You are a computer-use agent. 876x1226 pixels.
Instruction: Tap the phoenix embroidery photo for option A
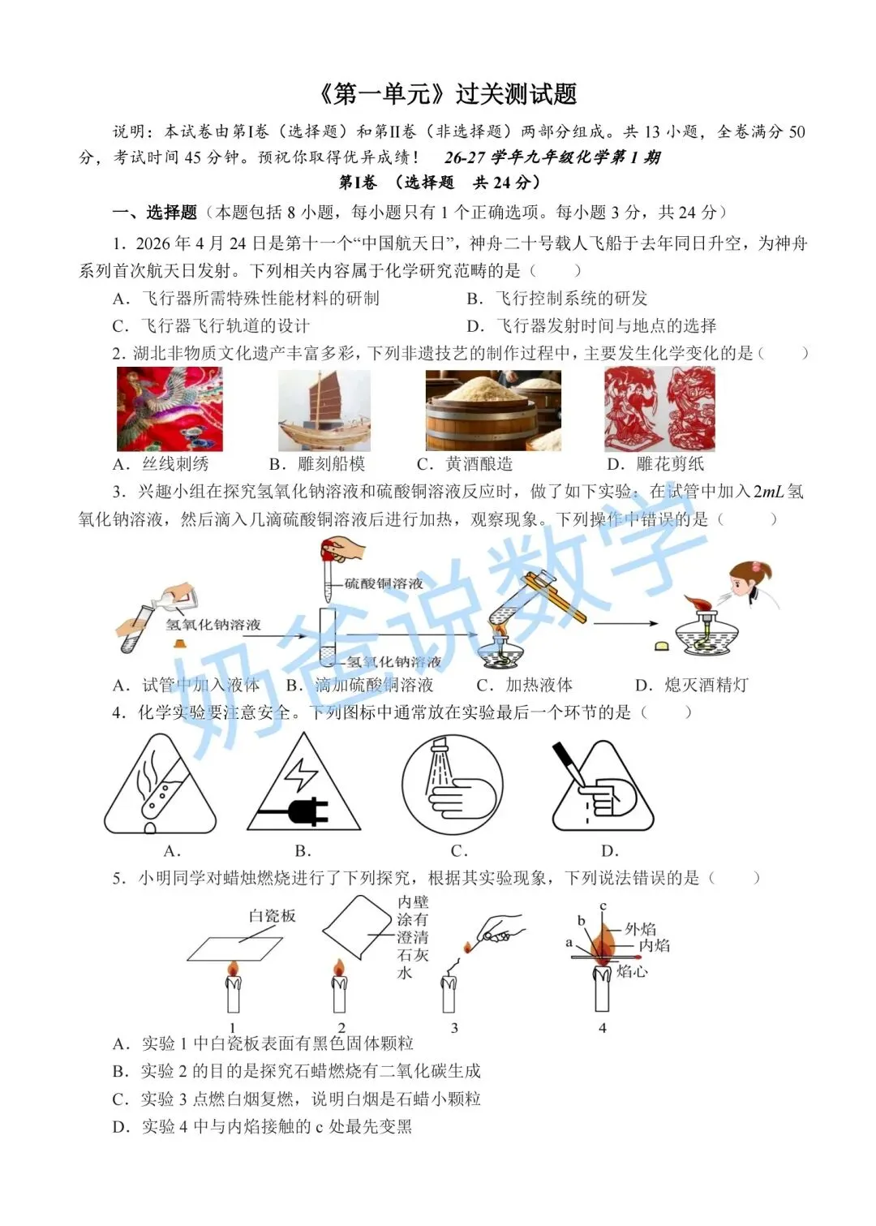[x=170, y=409]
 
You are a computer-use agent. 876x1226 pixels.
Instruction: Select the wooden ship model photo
[x=324, y=410]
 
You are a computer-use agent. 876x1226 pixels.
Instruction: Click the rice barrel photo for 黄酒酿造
[x=493, y=410]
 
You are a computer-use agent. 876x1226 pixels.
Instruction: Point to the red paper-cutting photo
[x=659, y=409]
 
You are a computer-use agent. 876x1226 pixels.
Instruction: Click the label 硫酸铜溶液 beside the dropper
[x=384, y=583]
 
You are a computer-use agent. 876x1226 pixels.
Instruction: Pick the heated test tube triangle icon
[x=161, y=785]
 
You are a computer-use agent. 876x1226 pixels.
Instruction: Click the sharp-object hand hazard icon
[x=603, y=786]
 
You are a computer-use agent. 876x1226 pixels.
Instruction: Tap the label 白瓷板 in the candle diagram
[x=272, y=916]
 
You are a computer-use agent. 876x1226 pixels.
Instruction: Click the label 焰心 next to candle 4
[x=632, y=971]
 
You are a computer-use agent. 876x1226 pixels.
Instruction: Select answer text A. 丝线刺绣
[x=161, y=464]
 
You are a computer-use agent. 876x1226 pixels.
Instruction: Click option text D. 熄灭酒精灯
[x=691, y=685]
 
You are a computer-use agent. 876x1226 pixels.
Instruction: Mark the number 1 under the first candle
[x=233, y=1027]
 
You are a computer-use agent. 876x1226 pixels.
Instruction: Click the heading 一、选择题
[x=154, y=212]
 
